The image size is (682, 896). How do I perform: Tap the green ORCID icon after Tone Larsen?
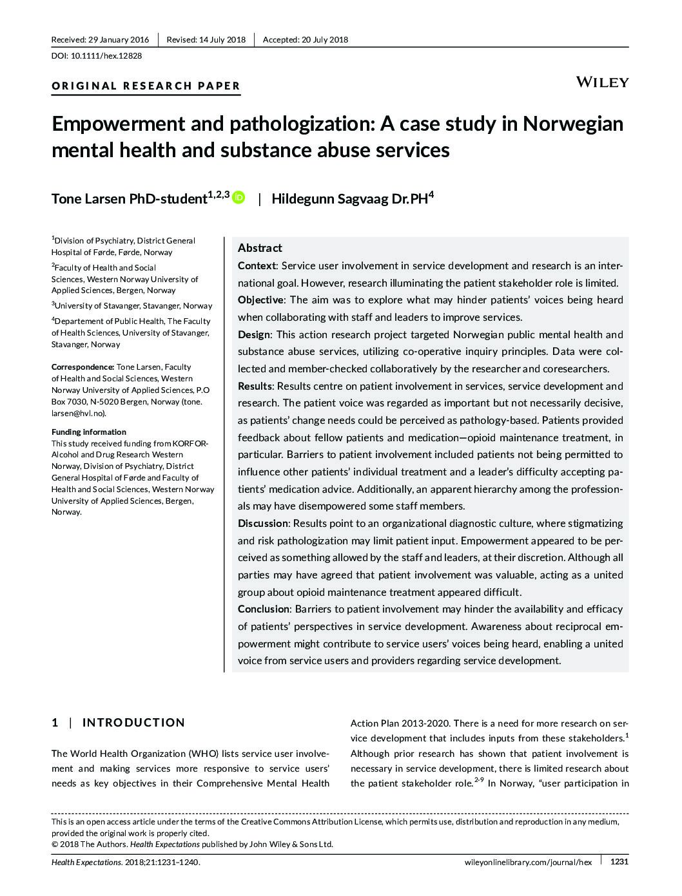point(239,198)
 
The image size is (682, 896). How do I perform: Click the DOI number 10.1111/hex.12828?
point(106,55)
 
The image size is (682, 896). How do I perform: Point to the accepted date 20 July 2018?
point(324,40)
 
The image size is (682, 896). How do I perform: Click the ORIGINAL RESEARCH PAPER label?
point(146,86)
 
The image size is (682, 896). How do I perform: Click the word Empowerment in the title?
point(119,123)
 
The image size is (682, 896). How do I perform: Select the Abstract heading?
point(260,248)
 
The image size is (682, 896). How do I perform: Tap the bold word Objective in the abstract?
point(260,300)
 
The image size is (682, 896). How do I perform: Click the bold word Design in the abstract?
point(254,334)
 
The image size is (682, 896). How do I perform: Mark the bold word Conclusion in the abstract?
point(264,609)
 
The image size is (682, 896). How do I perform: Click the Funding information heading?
point(89,432)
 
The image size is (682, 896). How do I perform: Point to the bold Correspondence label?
point(82,367)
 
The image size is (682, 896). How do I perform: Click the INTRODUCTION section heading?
point(133,723)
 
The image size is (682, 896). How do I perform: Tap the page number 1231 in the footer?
point(618,861)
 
